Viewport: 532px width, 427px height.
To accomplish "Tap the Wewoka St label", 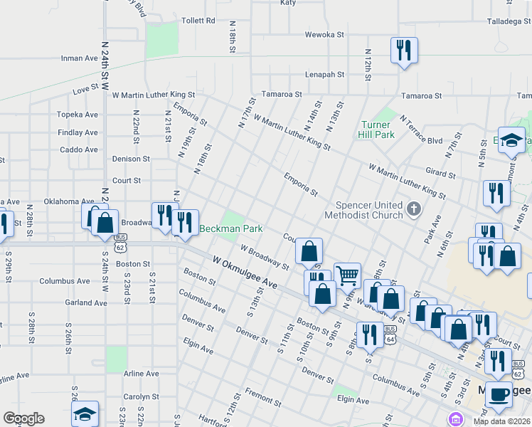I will click(324, 33).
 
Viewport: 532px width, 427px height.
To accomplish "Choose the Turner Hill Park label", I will click(377, 130).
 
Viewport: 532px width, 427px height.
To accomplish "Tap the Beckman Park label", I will click(231, 229).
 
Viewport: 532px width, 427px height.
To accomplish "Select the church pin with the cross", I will click(415, 210).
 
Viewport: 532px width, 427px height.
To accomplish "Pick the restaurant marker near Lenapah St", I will click(404, 50).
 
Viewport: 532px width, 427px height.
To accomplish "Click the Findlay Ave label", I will click(78, 132).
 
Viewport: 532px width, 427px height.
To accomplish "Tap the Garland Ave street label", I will click(85, 303).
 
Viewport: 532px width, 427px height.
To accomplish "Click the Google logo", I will click(23, 418).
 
